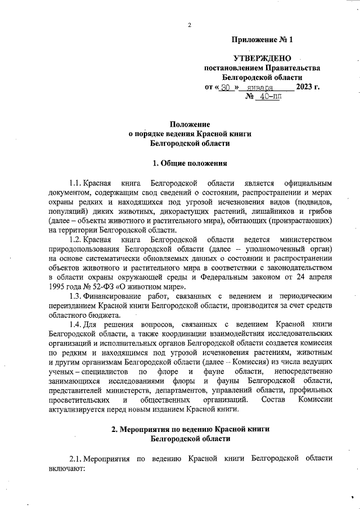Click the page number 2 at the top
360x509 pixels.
click(190, 25)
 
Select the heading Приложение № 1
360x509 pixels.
click(262, 40)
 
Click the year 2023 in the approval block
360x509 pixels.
click(306, 87)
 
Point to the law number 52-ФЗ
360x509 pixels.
click(99, 286)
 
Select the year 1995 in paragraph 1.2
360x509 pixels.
click(58, 286)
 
